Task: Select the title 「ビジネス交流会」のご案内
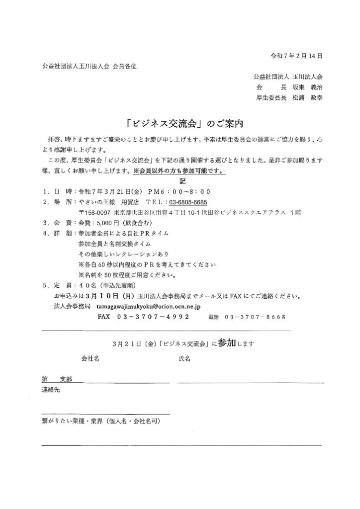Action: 180,122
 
